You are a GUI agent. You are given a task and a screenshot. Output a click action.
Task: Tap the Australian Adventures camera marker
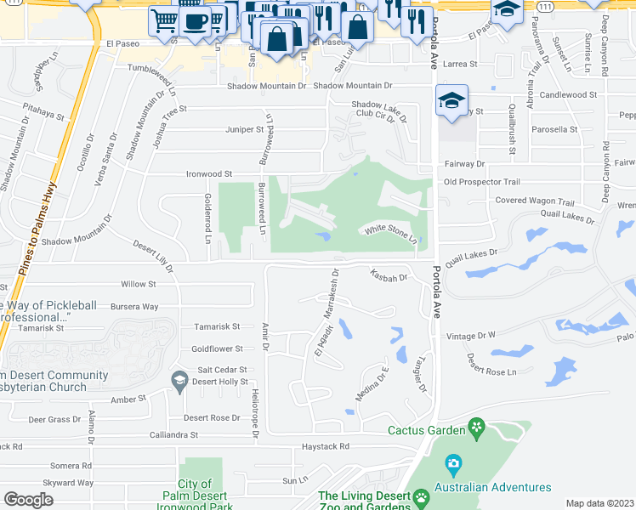click(x=453, y=465)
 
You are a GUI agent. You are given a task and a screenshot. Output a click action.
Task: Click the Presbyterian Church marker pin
click(x=179, y=380)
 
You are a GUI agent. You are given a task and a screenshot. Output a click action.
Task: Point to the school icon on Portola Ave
click(x=450, y=101)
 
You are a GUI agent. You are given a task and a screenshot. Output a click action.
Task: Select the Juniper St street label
click(x=245, y=129)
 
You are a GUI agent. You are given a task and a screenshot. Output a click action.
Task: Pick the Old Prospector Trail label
click(x=481, y=182)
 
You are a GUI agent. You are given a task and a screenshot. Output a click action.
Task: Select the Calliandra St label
click(x=168, y=434)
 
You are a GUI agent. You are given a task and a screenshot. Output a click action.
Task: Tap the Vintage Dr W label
click(x=471, y=337)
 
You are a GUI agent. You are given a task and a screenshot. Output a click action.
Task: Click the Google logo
click(x=29, y=500)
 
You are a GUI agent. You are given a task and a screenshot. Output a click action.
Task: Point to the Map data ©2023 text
click(x=599, y=503)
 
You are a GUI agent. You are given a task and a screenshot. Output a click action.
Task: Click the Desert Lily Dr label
click(x=154, y=256)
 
